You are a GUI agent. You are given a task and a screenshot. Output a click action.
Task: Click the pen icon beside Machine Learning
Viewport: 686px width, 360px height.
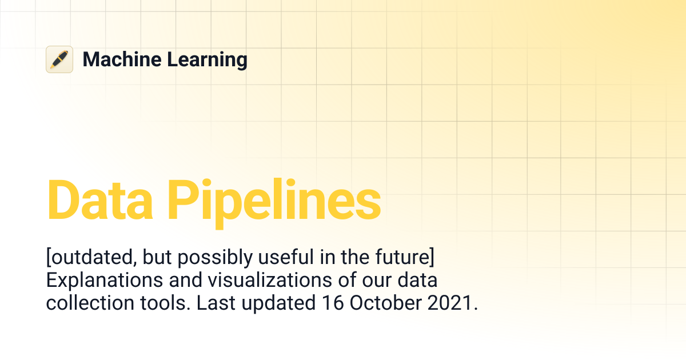(59, 59)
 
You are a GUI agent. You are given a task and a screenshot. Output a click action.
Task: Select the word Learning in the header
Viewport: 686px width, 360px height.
(207, 60)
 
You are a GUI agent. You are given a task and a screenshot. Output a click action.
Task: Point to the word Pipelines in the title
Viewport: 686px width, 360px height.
(274, 201)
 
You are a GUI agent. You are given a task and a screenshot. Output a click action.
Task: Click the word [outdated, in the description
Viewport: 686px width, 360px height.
(91, 259)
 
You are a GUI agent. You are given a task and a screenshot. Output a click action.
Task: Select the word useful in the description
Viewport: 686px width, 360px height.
(284, 259)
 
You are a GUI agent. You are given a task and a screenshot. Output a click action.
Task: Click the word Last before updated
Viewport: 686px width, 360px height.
(216, 303)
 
